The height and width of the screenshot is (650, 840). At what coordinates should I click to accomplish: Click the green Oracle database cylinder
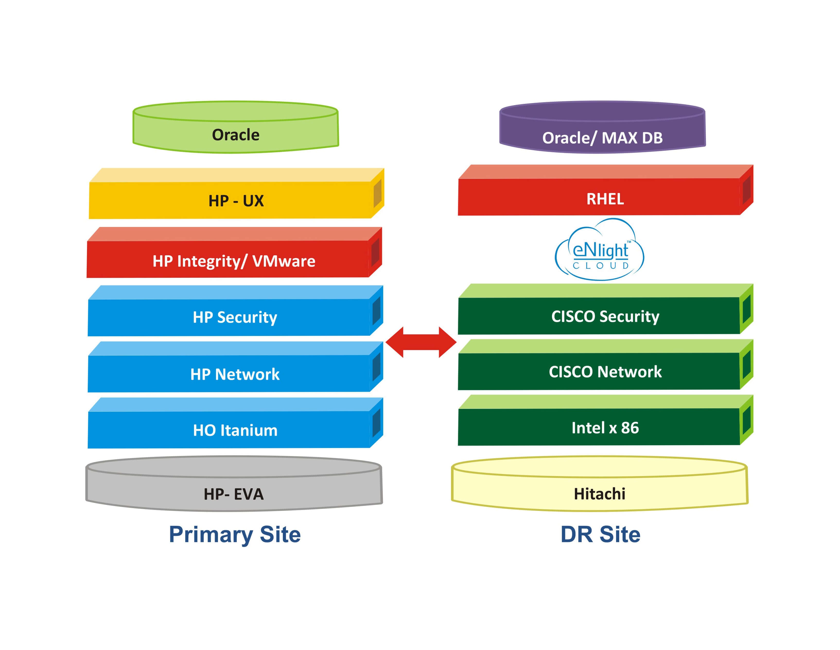[236, 131]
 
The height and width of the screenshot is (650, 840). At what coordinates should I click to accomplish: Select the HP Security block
[235, 317]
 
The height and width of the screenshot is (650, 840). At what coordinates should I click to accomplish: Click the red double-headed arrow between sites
[421, 342]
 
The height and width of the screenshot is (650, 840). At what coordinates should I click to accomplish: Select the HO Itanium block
[235, 429]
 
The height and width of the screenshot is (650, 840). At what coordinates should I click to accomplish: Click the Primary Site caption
[235, 534]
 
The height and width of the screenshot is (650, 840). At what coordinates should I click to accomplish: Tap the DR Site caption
[600, 534]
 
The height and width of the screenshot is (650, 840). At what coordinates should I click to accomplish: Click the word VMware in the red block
[283, 261]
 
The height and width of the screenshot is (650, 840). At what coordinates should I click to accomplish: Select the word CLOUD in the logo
[600, 266]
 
